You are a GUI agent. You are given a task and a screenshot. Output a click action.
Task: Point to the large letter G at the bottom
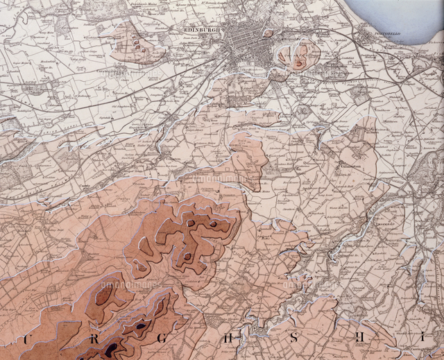pyautogui.click(x=159, y=339)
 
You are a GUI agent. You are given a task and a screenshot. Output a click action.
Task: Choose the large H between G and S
pyautogui.click(x=227, y=339)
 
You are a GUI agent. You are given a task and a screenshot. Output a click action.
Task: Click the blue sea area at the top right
pyautogui.click(x=402, y=14)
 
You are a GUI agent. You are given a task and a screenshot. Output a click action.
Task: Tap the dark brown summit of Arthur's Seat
pyautogui.click(x=299, y=63)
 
